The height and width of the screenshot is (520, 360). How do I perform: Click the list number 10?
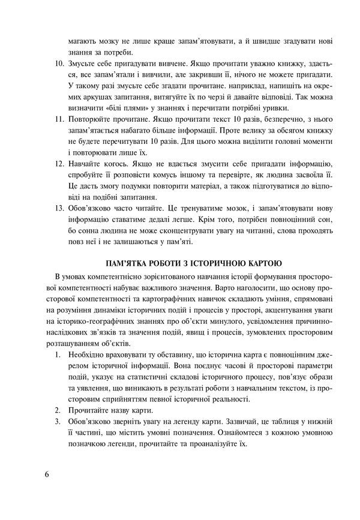59,63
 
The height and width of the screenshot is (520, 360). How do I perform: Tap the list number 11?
59,120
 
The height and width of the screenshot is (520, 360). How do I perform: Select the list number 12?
59,164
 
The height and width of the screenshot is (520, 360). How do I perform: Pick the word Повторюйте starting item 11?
90,120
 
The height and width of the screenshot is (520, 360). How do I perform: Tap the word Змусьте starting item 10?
83,63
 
